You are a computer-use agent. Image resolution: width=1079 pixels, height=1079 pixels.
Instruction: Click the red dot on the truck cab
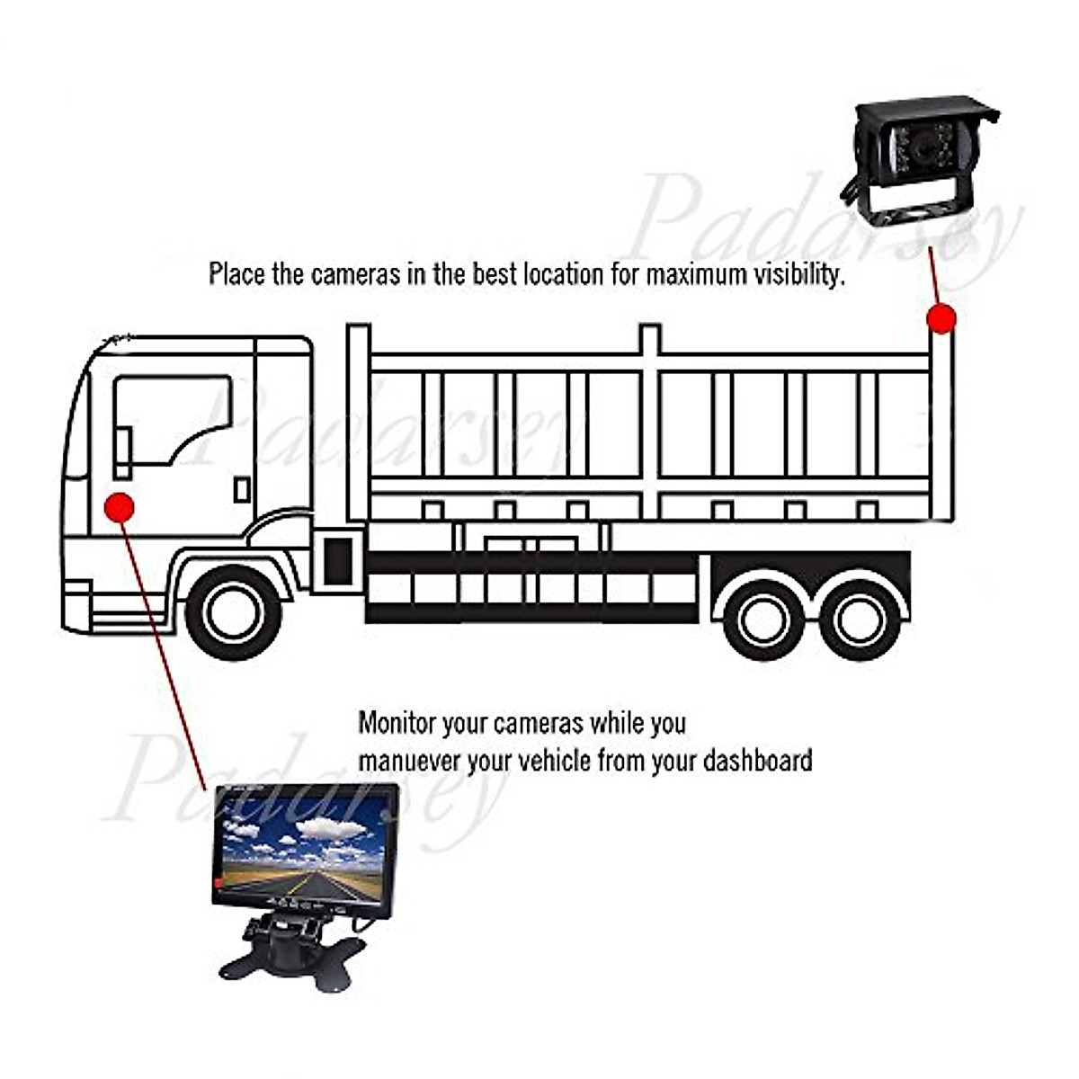pos(119,508)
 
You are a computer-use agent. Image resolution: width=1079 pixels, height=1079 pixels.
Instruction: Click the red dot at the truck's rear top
pos(941,318)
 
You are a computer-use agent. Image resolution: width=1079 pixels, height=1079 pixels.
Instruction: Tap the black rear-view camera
pos(917,157)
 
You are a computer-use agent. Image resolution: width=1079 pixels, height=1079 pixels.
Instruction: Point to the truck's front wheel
pos(233,612)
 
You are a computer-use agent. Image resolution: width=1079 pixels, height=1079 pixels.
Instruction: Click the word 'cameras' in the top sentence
pos(354,273)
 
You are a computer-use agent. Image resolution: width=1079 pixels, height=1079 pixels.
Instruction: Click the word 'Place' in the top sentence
pos(236,273)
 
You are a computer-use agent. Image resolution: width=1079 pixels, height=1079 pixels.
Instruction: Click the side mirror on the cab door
pos(123,453)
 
